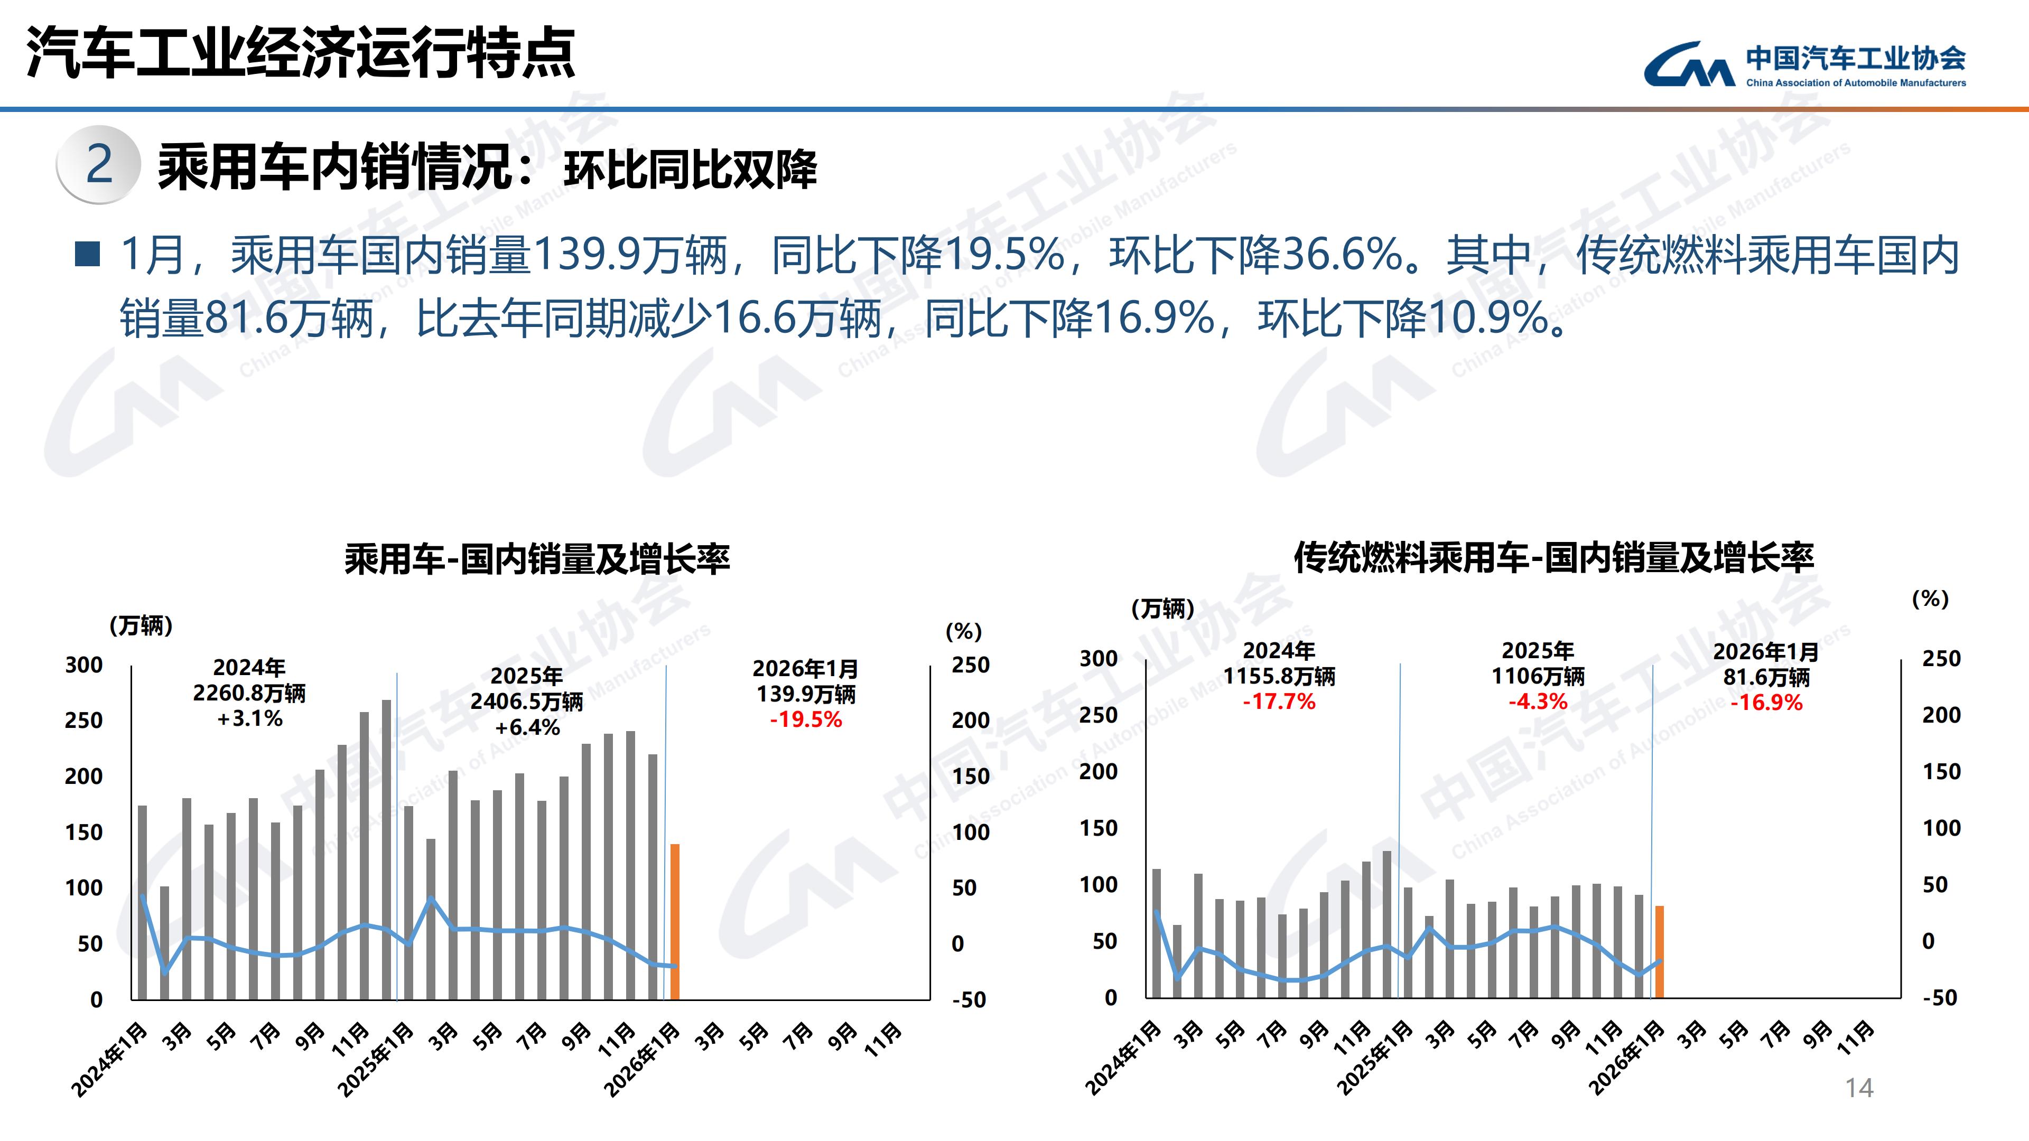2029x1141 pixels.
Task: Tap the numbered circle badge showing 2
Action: [98, 165]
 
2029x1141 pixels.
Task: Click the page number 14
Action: [1859, 1088]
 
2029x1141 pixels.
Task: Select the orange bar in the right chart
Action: [1659, 951]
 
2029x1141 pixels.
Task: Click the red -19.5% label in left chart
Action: [806, 719]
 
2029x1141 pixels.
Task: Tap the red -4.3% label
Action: [1538, 702]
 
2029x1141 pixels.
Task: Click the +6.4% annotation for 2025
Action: [527, 727]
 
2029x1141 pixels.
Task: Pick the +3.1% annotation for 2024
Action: [250, 719]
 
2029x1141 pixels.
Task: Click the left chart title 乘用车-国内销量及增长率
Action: [537, 559]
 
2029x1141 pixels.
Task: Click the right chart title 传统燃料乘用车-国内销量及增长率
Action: [1553, 557]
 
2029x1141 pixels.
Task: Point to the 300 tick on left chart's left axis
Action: [83, 666]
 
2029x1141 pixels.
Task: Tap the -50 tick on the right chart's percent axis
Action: [1939, 998]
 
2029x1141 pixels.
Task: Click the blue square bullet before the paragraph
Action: [87, 254]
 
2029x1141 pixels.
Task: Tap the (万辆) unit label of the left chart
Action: [141, 626]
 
